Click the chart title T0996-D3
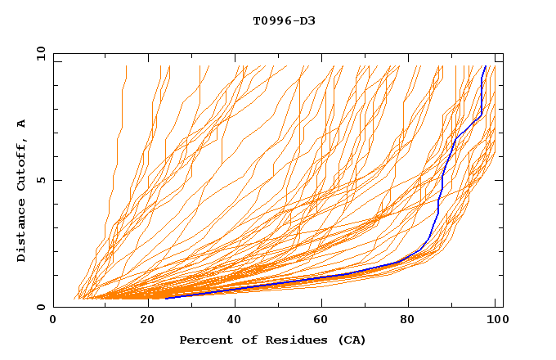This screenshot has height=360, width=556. tap(284, 20)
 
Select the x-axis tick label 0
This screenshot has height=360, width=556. tap(53, 322)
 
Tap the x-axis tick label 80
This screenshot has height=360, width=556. tap(409, 322)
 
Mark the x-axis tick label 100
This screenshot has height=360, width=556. tap(494, 322)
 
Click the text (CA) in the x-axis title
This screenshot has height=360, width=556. tap(352, 340)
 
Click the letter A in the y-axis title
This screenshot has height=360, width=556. tap(22, 123)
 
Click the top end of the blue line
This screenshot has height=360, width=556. tap(486, 66)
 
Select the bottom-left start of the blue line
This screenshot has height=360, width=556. tap(165, 298)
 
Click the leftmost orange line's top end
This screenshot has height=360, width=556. tap(126, 66)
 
